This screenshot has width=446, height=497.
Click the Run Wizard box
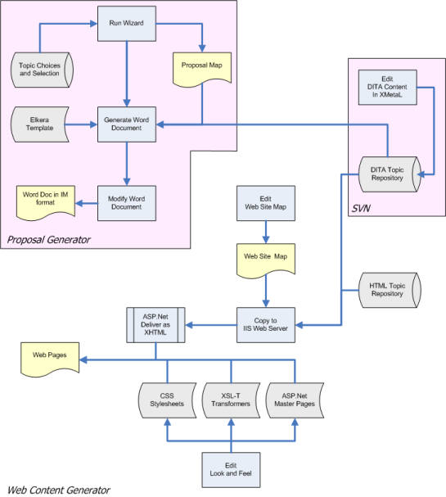coord(127,24)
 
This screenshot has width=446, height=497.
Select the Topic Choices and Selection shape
coord(42,70)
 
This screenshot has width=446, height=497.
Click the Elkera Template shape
coord(40,124)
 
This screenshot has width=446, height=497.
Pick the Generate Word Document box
coord(127,124)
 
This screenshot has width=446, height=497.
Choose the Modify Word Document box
coord(127,203)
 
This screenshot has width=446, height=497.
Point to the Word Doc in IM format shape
coord(46,203)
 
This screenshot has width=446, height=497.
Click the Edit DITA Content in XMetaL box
coord(387,87)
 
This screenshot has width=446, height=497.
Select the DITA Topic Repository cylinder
coord(390,174)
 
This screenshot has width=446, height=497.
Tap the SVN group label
coord(361,208)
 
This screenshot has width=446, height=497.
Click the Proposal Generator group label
coord(49,240)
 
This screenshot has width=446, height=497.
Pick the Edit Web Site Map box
coord(266,203)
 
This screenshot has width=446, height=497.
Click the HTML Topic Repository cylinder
coord(390,290)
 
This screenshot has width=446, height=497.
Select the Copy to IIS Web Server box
coord(266,325)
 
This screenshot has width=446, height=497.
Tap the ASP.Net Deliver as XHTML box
coord(155,325)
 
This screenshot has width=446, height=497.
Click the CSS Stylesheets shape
coord(167,400)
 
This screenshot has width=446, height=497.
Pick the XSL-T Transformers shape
coord(231,400)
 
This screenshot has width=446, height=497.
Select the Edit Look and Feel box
coord(232,470)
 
